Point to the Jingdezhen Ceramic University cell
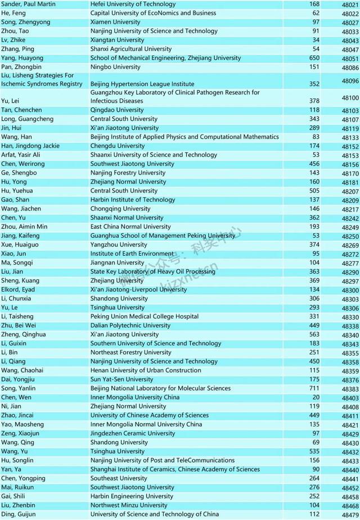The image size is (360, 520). [133, 433]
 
